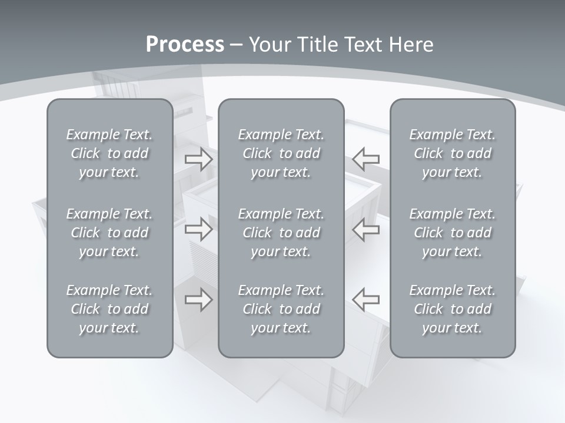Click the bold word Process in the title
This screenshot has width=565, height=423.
[185, 45]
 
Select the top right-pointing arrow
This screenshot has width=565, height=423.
[199, 159]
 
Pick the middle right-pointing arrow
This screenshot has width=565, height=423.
[199, 229]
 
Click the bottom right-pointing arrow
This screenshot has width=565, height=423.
[199, 300]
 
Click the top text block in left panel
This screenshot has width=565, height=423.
[109, 153]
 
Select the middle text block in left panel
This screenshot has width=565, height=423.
[109, 233]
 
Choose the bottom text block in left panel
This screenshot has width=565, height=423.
[109, 309]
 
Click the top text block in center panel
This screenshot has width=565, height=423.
[281, 153]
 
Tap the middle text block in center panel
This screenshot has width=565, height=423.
[281, 233]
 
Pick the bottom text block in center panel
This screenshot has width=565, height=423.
[281, 309]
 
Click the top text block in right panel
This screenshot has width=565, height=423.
[453, 153]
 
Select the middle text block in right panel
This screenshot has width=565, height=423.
[453, 233]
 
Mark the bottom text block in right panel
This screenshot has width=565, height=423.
[453, 309]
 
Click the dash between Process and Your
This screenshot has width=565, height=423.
[237, 45]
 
